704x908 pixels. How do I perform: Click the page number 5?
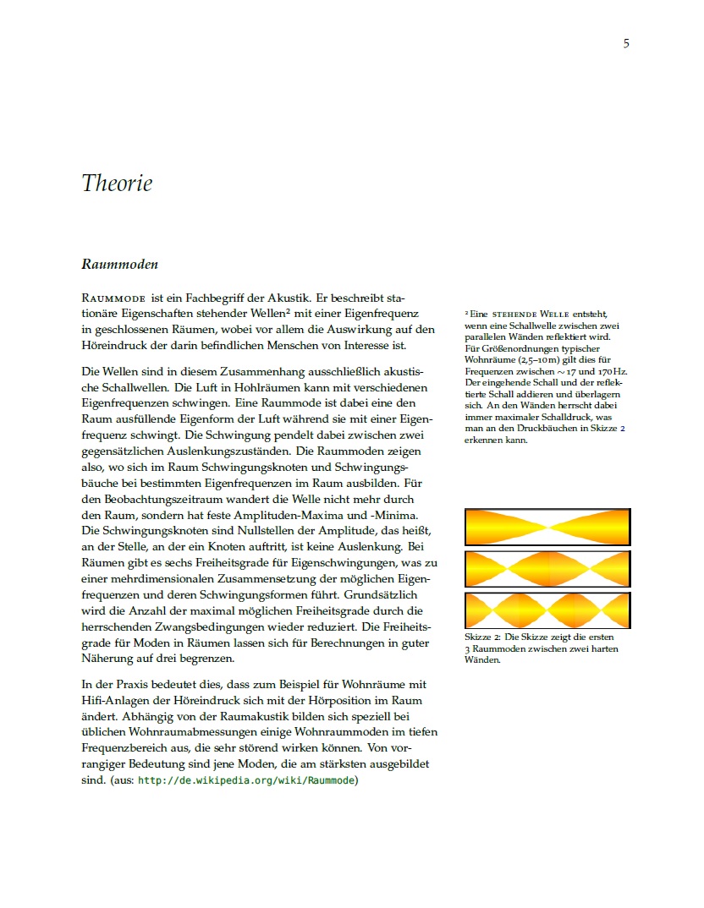(626, 44)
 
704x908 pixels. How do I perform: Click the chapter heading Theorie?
(117, 183)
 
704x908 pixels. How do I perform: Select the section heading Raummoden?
(119, 265)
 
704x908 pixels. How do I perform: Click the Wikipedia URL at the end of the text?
(247, 781)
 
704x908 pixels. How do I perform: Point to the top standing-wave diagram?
(547, 527)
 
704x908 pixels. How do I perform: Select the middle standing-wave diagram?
(547, 569)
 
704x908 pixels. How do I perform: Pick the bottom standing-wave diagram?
(547, 610)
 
